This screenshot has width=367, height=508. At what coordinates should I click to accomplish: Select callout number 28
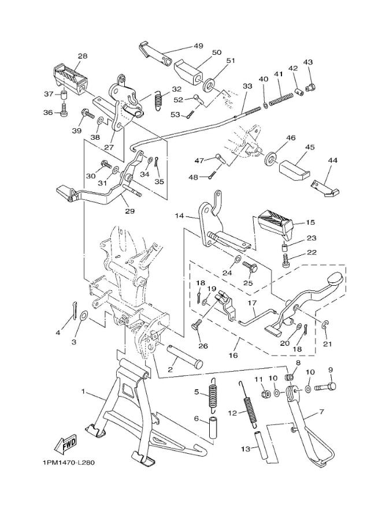(x=83, y=57)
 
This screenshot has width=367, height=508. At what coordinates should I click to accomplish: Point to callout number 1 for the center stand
(x=83, y=392)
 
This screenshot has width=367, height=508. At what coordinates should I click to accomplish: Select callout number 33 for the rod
(x=247, y=86)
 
